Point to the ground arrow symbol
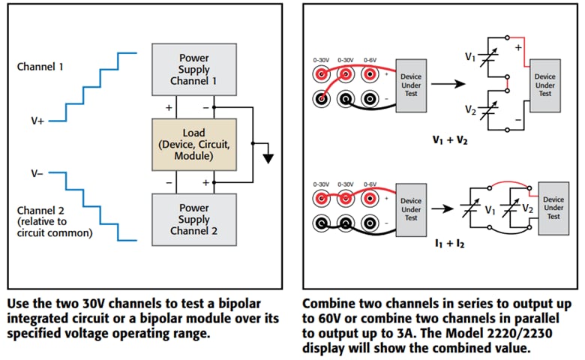[267, 157]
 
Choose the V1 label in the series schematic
[470, 56]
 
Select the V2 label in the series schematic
[470, 110]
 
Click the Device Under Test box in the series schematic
[544, 83]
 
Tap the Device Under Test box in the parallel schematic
[553, 207]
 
